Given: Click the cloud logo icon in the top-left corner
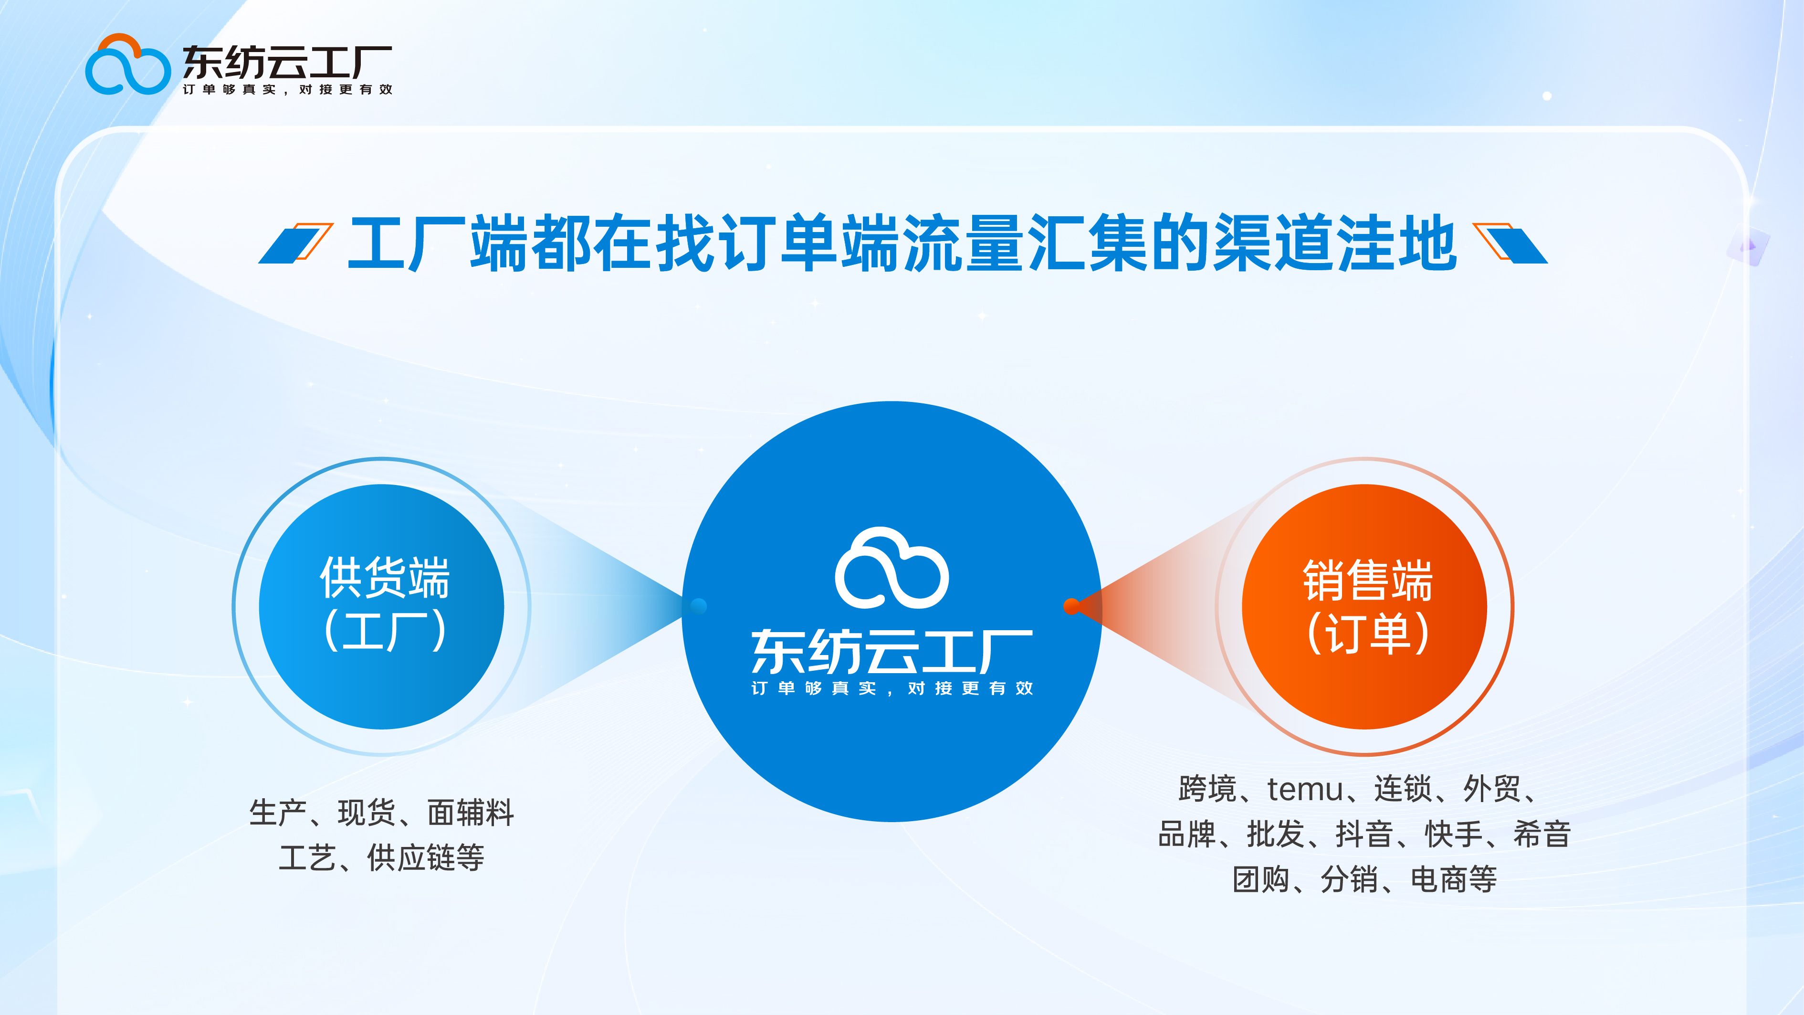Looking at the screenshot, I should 127,65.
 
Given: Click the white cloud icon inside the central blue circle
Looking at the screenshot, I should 892,569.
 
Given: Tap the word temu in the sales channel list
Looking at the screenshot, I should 1305,790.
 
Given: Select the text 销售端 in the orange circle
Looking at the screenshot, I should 1367,581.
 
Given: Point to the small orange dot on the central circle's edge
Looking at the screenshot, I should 1071,606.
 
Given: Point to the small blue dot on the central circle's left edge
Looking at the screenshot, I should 699,606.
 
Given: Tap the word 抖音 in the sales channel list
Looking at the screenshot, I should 1363,834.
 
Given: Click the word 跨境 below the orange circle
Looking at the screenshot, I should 1206,790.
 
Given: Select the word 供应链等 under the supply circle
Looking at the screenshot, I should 426,858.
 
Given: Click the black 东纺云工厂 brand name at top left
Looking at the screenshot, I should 287,63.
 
